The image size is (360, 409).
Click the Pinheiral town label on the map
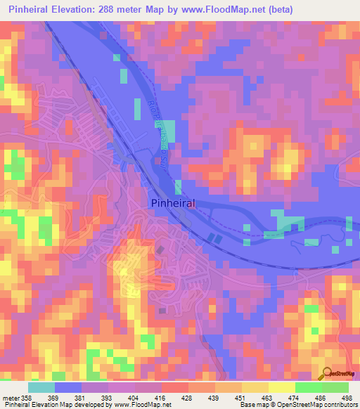173,202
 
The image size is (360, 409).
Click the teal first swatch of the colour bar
41,387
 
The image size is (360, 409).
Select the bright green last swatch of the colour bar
335,387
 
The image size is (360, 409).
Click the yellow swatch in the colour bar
282,387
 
